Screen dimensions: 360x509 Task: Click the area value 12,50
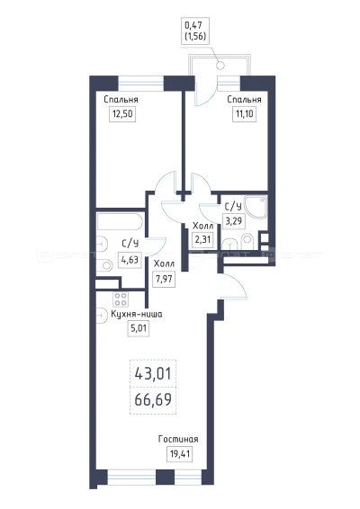point(122,114)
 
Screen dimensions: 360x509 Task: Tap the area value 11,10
point(244,114)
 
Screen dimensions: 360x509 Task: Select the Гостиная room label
point(178,440)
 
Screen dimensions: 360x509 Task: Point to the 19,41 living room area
point(180,453)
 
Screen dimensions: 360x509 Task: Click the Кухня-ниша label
point(137,314)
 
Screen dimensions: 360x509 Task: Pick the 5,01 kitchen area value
point(139,329)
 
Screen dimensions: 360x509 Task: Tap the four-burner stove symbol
point(121,299)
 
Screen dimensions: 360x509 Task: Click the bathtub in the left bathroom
point(120,221)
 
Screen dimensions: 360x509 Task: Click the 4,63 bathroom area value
point(130,260)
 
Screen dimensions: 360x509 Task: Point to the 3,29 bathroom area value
point(234,221)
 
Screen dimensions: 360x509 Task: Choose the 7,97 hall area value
point(164,279)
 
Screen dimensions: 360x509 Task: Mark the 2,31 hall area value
point(202,240)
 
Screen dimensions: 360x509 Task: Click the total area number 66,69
point(153,400)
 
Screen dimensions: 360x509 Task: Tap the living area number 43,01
point(153,374)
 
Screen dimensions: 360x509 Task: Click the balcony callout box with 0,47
point(195,31)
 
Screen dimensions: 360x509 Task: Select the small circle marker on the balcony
point(220,66)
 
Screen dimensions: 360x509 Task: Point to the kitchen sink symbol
point(102,315)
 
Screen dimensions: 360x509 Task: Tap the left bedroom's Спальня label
point(121,99)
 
